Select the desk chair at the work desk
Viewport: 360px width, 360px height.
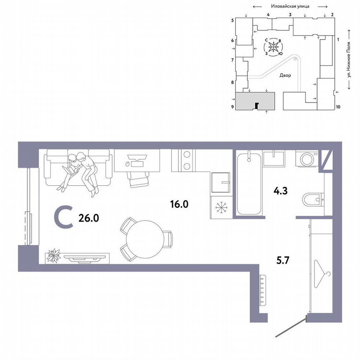pyautogui.click(x=137, y=178)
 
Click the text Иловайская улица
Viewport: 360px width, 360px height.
pyautogui.click(x=289, y=7)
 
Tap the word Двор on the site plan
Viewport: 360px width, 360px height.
pyautogui.click(x=285, y=75)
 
